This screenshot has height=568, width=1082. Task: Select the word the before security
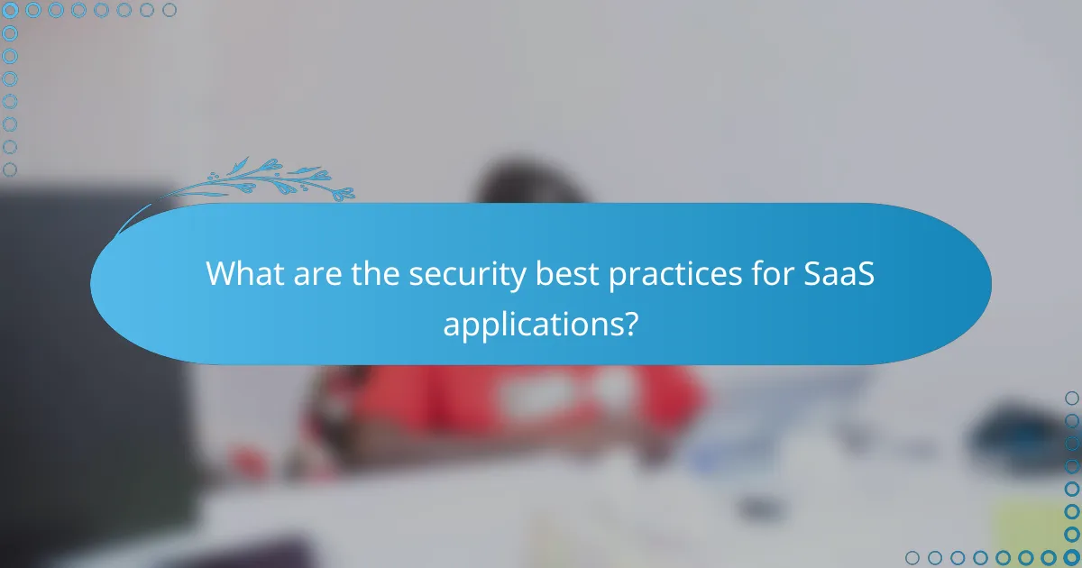tap(371, 274)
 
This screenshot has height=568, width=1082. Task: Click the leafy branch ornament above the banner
tap(270, 180)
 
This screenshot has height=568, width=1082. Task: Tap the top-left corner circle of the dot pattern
tap(11, 11)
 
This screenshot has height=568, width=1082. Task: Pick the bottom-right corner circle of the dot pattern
tap(1071, 557)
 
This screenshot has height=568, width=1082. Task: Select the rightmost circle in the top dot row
tap(170, 11)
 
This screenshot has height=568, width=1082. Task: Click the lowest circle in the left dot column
tap(11, 169)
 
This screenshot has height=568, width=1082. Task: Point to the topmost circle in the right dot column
tap(1071, 398)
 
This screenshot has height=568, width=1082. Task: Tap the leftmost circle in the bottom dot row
tap(912, 557)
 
